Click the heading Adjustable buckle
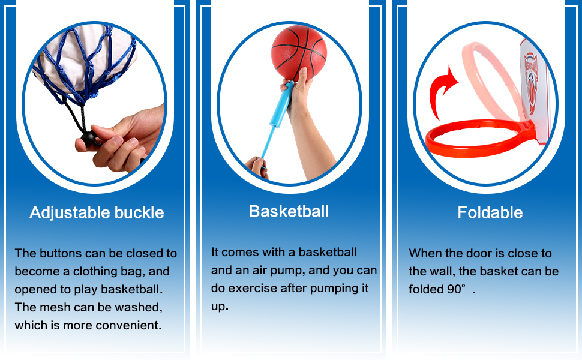[x=97, y=212]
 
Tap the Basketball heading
[x=289, y=212]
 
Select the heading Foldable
[x=490, y=212]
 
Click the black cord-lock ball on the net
[x=89, y=139]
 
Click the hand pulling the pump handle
[x=257, y=167]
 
